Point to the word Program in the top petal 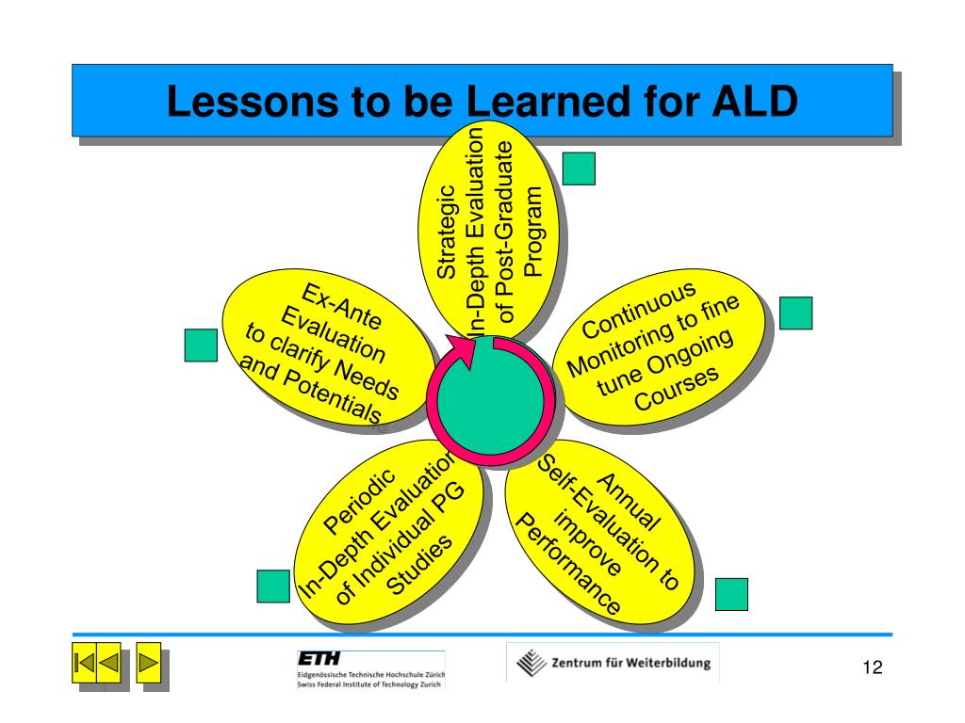(x=534, y=232)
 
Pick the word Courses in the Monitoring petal (x=677, y=387)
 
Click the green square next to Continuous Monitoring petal (x=795, y=313)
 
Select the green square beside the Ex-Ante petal (x=200, y=345)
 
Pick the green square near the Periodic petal (x=273, y=586)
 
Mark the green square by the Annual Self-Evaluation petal (x=731, y=594)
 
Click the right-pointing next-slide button (x=148, y=664)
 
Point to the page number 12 (x=871, y=668)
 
